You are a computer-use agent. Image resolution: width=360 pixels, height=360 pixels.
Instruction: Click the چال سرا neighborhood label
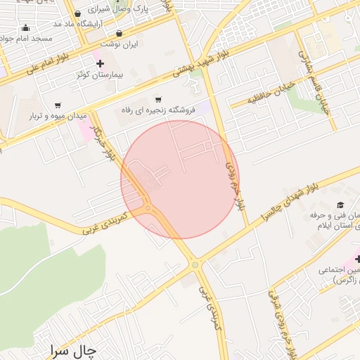(73, 349)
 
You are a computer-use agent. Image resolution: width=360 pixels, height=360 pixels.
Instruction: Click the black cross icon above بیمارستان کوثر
(101, 64)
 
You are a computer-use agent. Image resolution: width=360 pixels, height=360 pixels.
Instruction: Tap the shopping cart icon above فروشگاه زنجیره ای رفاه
(158, 99)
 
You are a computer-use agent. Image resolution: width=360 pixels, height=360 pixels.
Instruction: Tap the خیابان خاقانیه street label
(270, 95)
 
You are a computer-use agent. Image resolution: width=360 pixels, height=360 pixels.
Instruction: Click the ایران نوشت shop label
(139, 43)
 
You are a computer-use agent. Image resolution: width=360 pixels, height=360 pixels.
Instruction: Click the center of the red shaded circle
(180, 179)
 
